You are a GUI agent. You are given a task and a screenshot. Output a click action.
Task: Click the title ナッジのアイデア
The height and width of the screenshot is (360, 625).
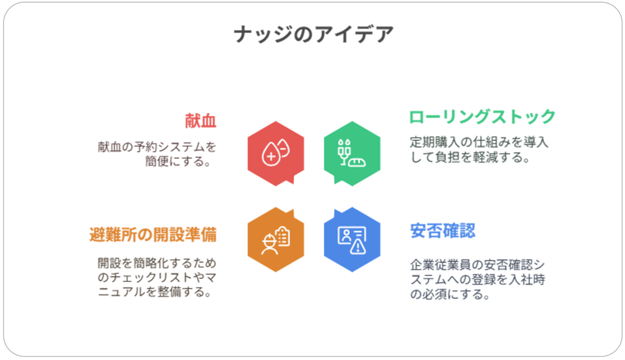(313, 34)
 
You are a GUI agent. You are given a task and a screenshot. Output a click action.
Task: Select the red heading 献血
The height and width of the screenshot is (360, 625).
(200, 121)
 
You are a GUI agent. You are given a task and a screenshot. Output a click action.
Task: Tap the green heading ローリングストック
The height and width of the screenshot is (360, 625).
(482, 116)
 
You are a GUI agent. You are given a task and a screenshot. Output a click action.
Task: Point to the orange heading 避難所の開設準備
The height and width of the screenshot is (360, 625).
(153, 234)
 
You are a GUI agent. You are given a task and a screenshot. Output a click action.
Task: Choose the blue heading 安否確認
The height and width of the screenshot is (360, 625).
(443, 230)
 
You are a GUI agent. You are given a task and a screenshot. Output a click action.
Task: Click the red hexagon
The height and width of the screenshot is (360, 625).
(275, 153)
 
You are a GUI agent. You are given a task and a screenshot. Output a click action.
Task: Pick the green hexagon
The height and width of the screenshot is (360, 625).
(352, 153)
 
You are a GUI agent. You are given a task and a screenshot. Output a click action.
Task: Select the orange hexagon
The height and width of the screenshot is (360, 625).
(275, 239)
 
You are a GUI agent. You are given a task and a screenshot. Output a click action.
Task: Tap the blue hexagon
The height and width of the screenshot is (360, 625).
(352, 239)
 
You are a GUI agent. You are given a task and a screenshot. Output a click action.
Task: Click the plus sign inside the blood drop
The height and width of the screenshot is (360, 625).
(271, 156)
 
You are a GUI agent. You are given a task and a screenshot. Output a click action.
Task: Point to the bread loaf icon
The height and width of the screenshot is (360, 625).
(356, 162)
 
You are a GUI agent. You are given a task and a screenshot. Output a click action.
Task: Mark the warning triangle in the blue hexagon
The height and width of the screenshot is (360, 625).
(358, 246)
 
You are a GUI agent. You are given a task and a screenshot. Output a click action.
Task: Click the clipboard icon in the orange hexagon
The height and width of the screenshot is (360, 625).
(282, 236)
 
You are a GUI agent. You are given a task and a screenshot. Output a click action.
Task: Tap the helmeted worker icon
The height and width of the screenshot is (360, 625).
(269, 244)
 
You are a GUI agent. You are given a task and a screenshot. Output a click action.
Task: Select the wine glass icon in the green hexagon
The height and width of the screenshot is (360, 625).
(344, 152)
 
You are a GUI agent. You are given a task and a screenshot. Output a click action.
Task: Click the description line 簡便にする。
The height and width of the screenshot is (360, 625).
(177, 161)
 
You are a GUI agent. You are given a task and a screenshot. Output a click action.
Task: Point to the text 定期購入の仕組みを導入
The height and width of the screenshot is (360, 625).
(479, 142)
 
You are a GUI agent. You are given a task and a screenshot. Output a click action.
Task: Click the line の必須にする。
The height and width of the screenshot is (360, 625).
(450, 294)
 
